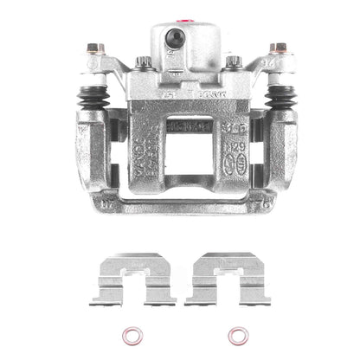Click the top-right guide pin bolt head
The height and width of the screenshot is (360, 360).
point(279,48)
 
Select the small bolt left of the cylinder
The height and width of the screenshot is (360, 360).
point(142,62)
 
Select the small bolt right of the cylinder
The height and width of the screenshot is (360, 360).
point(232,62)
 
